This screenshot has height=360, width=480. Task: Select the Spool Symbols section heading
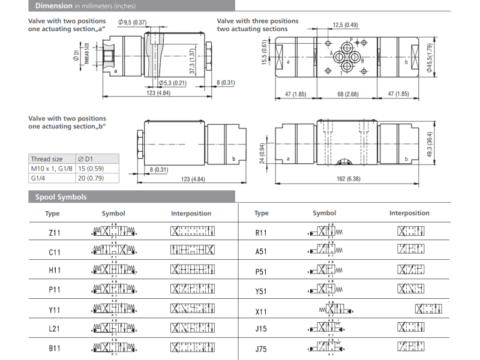[61, 197]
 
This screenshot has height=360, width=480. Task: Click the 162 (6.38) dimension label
[348, 179]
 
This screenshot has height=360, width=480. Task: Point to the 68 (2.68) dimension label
[348, 94]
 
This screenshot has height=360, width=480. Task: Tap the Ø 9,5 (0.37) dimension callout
[133, 22]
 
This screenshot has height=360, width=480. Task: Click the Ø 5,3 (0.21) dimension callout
[173, 82]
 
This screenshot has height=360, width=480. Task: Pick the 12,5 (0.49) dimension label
[345, 25]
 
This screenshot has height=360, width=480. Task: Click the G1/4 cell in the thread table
[39, 178]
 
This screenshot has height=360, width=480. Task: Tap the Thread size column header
[47, 159]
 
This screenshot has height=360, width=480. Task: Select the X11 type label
[261, 311]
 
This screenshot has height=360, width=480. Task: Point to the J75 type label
[261, 348]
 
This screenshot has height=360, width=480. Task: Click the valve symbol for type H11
[113, 271]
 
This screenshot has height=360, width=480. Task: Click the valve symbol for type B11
[113, 347]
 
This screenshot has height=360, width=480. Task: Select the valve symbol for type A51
[325, 251]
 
